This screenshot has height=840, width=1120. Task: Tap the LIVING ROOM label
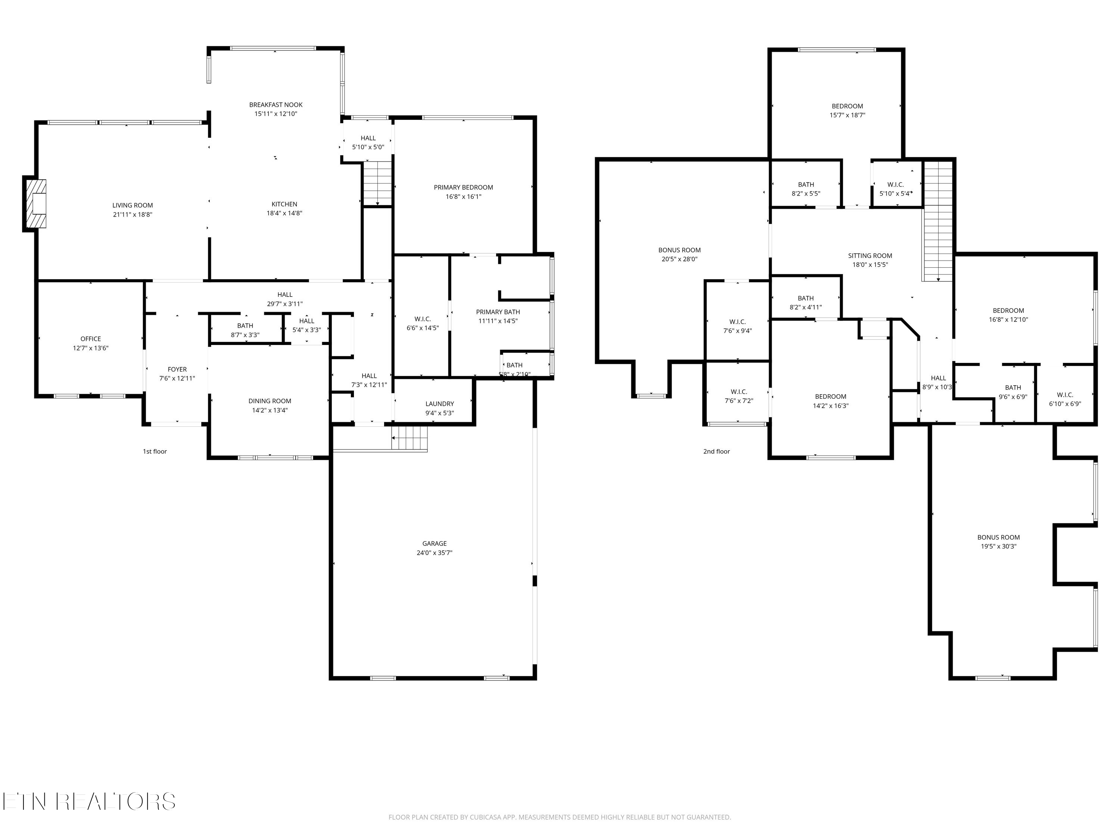pyautogui.click(x=133, y=205)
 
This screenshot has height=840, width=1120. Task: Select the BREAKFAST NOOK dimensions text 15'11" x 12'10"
pyautogui.click(x=276, y=114)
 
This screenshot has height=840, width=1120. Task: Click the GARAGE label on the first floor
pyautogui.click(x=435, y=543)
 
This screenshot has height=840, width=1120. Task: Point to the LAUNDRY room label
pyautogui.click(x=439, y=404)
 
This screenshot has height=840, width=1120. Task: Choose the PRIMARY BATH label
pyautogui.click(x=498, y=312)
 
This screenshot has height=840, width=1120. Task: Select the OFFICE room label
pyautogui.click(x=91, y=339)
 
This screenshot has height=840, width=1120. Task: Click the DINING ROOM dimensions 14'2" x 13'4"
pyautogui.click(x=270, y=410)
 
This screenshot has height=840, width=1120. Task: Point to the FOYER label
pyautogui.click(x=177, y=369)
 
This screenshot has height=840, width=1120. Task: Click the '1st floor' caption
pyautogui.click(x=155, y=451)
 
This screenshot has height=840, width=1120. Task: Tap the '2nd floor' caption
pyautogui.click(x=716, y=451)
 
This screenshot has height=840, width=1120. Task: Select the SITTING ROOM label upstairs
pyautogui.click(x=870, y=256)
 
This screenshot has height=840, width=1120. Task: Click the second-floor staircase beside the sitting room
pyautogui.click(x=938, y=223)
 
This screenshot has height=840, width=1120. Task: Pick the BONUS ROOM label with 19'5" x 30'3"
pyautogui.click(x=999, y=537)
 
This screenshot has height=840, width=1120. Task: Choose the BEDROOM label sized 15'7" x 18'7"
pyautogui.click(x=847, y=106)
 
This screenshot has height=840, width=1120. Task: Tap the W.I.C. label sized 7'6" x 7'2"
pyautogui.click(x=739, y=391)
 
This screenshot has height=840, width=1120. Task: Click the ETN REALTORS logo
pyautogui.click(x=89, y=801)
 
